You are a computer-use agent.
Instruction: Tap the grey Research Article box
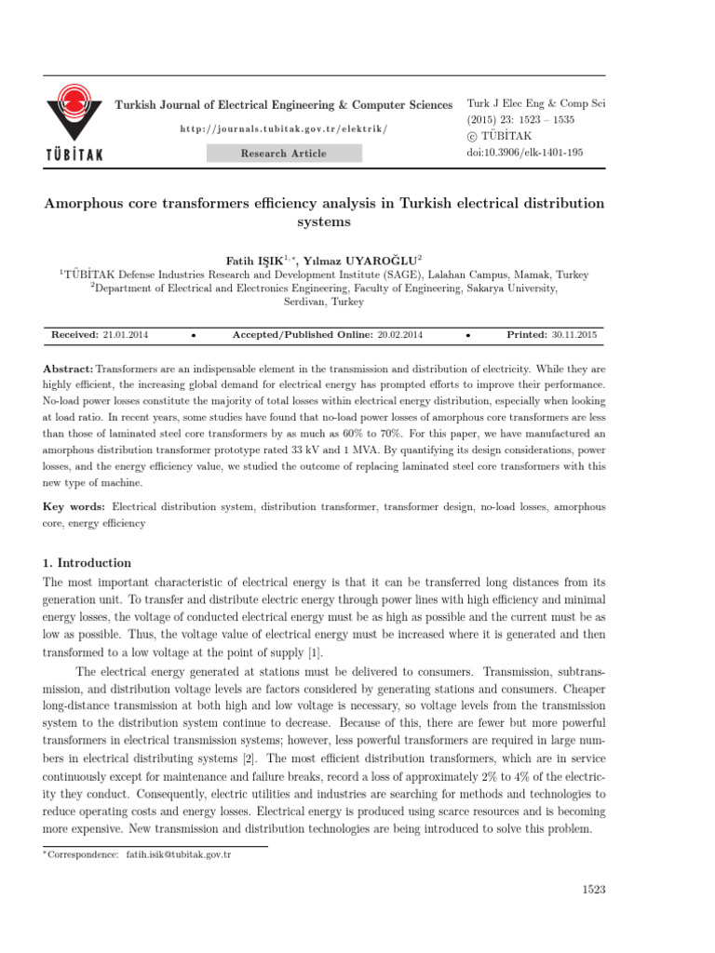[x=283, y=154]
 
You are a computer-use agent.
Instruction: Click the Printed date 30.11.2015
[x=574, y=333]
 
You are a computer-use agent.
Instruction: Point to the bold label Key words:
[x=74, y=507]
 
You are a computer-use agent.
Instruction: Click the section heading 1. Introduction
[x=88, y=563]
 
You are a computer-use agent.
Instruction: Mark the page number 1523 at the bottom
[x=593, y=890]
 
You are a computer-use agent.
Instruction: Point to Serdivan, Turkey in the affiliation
[x=325, y=302]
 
